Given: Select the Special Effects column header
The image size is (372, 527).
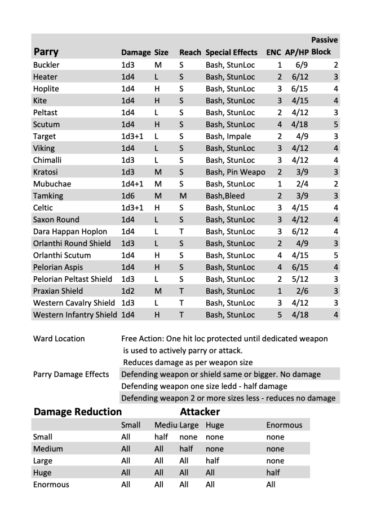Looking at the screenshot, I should [232, 53].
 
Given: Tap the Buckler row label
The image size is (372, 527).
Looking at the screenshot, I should [46, 65].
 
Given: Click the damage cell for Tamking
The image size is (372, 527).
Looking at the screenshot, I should [128, 195].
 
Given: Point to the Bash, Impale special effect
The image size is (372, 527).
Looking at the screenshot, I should [228, 136].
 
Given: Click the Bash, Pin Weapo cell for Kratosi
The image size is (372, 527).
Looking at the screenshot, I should [235, 172].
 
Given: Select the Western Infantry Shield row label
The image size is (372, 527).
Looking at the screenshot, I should [75, 315].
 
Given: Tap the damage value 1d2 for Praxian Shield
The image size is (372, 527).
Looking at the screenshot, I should [128, 291].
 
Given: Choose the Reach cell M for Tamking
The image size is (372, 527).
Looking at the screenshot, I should [183, 195].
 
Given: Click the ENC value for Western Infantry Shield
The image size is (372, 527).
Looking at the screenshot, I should [279, 315].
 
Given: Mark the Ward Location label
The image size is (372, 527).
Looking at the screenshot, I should [59, 339].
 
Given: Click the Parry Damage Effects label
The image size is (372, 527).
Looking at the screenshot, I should [71, 374].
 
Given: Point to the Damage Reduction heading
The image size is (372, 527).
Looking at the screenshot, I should [78, 412].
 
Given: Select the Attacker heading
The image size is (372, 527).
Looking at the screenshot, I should [200, 412].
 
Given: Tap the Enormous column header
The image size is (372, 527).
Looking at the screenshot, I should [284, 425].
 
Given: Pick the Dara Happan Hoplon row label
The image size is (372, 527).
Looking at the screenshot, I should [70, 232].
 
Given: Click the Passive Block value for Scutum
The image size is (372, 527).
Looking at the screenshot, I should [335, 124].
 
